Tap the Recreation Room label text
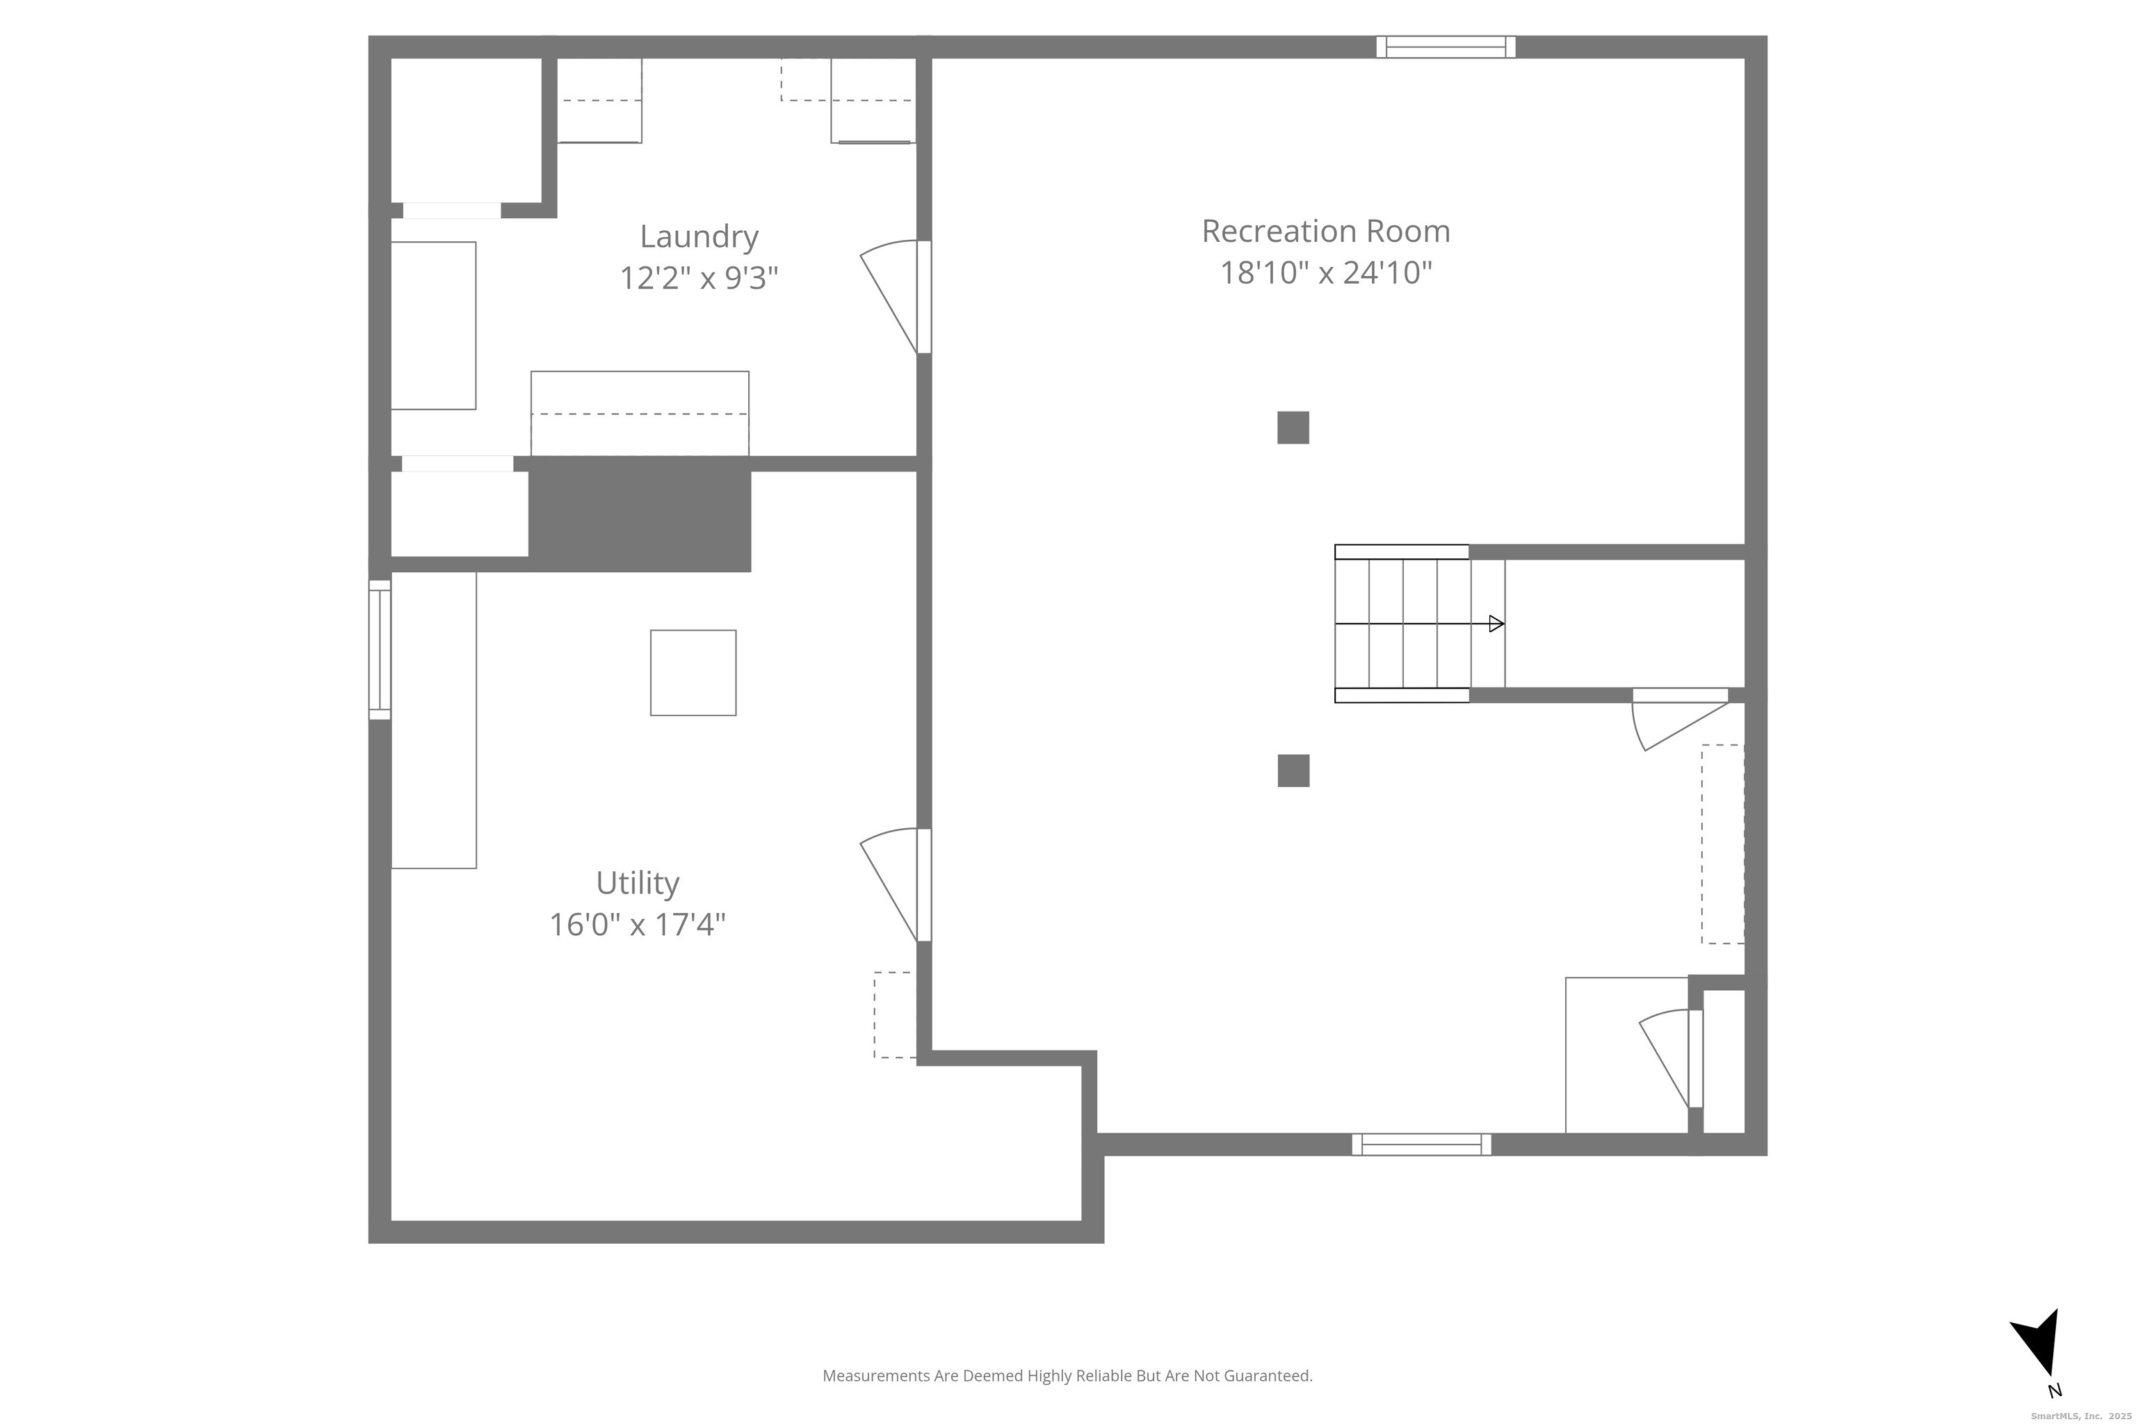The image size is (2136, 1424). point(1325,231)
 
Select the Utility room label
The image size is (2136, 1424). point(638,884)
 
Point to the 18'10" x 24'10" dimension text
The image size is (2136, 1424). point(1325,273)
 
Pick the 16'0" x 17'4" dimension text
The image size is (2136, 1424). point(638,925)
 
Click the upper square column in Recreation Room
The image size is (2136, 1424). point(1293,428)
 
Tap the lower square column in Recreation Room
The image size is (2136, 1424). point(1293,771)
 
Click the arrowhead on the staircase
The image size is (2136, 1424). point(1496,624)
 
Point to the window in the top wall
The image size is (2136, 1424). point(1446,47)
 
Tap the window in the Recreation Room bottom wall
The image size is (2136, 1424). point(1421,1144)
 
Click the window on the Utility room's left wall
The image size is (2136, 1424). point(380,650)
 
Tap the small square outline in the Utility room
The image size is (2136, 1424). point(693,673)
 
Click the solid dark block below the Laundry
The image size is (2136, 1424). point(640,514)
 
